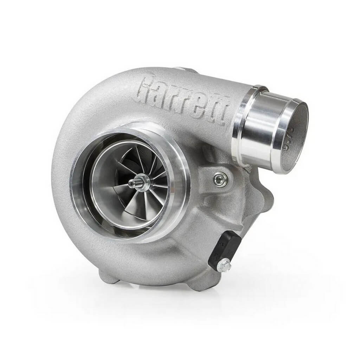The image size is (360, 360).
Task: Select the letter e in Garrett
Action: (196, 99)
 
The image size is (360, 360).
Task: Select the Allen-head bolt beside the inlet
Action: (220, 179)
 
